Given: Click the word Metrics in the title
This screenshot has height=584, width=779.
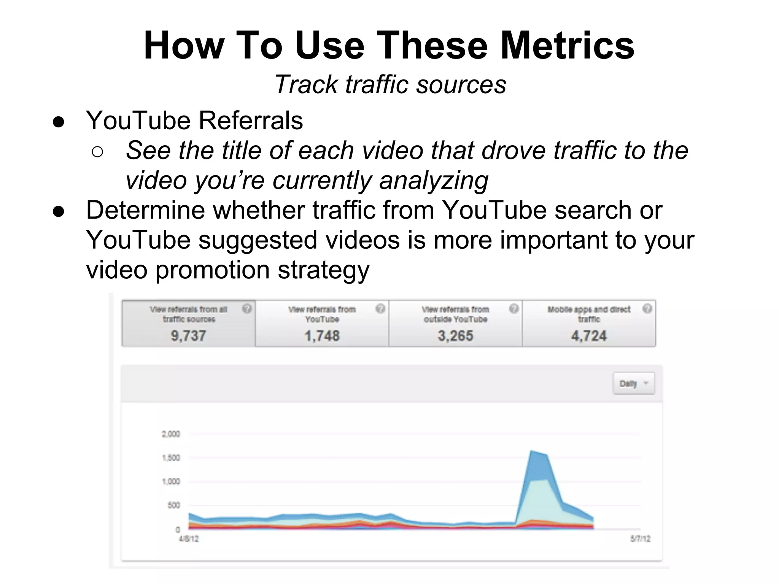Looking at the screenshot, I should tap(567, 46).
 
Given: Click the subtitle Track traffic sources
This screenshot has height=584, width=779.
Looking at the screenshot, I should tap(390, 84).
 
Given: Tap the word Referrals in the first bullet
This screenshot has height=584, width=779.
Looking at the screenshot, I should tap(251, 121).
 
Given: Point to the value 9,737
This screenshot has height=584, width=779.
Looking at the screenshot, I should tap(188, 336).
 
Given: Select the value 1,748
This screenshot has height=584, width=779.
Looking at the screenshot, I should tap(322, 336).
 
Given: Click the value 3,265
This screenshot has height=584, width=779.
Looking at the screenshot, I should tap(455, 336).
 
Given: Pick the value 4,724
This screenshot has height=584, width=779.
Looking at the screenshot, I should tap(589, 336).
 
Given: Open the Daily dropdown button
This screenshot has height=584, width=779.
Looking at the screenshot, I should tap(633, 383).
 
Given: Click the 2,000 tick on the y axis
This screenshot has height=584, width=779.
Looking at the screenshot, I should tap(171, 434).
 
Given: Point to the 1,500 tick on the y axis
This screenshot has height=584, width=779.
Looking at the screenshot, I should tap(171, 458).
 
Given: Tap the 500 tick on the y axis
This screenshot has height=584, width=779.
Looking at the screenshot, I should tap(173, 505).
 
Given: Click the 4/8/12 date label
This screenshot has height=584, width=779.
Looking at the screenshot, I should tap(189, 539).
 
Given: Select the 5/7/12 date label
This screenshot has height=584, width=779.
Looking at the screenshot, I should tap(641, 539).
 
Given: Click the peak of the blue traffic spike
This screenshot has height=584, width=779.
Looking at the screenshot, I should tap(531, 452).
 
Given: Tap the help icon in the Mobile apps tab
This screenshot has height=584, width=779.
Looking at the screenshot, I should tap(647, 309).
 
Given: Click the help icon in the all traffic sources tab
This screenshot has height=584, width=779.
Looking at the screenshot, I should tap(247, 309).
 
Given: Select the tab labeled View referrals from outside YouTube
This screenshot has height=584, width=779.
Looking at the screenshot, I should tap(455, 323).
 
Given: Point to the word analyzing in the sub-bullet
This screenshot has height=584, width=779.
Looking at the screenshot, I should tap(434, 180).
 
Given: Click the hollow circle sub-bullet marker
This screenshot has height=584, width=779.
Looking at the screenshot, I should tap(97, 152).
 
